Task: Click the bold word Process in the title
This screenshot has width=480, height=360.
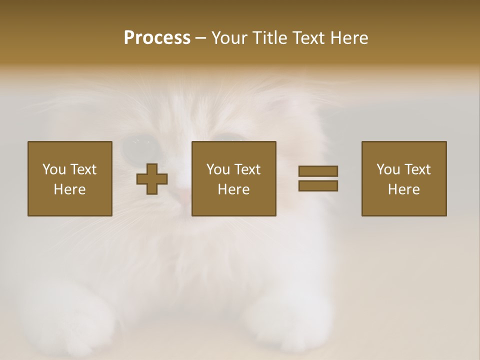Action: (157, 38)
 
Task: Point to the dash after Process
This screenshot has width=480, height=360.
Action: (200, 38)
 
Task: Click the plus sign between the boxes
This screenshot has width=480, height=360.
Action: (152, 178)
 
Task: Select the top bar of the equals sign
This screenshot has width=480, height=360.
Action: (318, 171)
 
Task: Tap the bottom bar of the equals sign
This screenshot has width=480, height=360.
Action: (318, 185)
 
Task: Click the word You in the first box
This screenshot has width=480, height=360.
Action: (54, 169)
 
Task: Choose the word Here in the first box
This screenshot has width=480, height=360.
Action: (69, 189)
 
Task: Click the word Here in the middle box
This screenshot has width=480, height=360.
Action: (233, 189)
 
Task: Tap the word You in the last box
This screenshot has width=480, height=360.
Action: (388, 169)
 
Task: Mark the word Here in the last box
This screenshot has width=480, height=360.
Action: (403, 189)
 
